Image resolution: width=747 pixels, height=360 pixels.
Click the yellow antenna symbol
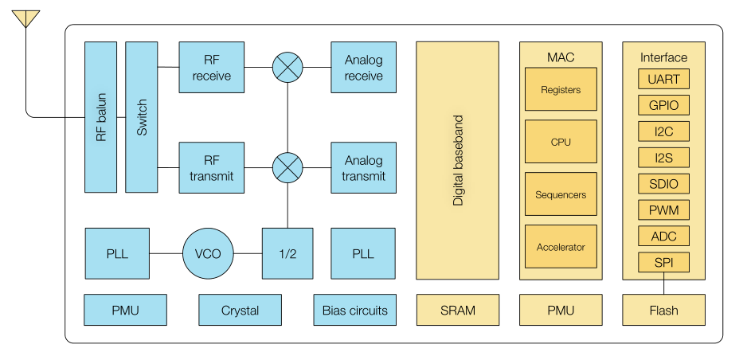(25, 19)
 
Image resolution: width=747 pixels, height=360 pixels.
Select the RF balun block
(100, 117)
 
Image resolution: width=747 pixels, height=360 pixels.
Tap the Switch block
(142, 117)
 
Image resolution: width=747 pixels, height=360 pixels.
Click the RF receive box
(212, 67)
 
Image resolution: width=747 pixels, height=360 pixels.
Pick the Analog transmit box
(363, 167)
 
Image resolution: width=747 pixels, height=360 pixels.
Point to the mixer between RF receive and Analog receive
(287, 67)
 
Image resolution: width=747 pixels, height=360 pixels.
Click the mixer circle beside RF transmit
(287, 167)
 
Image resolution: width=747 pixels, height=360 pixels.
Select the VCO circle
(208, 253)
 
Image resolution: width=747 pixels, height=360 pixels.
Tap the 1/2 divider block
(287, 253)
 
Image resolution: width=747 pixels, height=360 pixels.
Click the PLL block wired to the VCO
(117, 253)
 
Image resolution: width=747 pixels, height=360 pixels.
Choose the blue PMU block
(125, 310)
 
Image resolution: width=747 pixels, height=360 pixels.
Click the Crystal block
(241, 310)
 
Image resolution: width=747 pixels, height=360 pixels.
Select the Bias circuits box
(355, 310)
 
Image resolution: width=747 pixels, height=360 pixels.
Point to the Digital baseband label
(458, 160)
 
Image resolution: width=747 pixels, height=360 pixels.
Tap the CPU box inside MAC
(561, 142)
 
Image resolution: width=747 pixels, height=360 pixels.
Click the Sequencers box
(561, 194)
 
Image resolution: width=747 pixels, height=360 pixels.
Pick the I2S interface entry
(663, 158)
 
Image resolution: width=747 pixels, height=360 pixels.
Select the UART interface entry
(663, 79)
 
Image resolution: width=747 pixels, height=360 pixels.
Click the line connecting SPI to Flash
(663, 284)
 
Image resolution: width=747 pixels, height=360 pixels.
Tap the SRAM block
(458, 310)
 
